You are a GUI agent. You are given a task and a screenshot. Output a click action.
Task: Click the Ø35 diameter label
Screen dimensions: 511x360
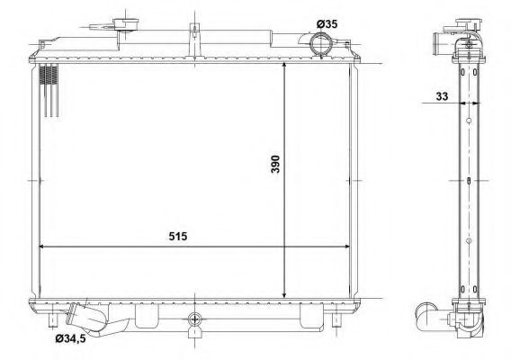point(327,23)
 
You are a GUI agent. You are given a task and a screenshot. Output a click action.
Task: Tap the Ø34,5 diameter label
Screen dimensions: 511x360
point(70,338)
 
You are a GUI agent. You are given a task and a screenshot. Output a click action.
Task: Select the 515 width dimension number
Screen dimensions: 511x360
point(178,236)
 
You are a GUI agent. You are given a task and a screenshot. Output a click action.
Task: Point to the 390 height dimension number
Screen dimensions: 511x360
point(275,164)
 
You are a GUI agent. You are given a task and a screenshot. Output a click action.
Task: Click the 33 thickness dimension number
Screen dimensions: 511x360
point(442,96)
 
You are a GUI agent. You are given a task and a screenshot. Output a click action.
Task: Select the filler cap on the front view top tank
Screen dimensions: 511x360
point(125,25)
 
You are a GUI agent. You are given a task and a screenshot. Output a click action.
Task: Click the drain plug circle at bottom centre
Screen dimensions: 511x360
point(195,319)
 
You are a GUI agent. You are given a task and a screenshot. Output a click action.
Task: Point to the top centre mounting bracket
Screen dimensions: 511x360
point(194,40)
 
